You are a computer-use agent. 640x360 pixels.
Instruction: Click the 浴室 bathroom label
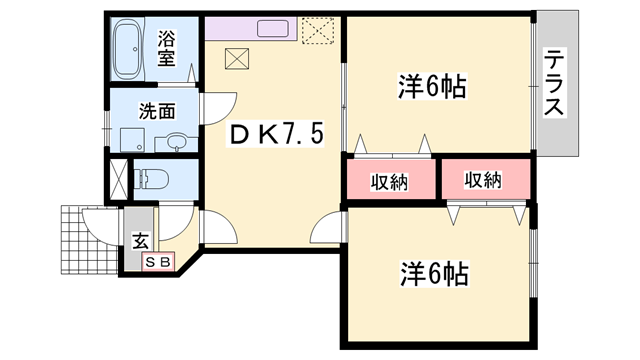pos(167,50)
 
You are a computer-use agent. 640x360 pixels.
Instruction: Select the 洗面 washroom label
pos(156,111)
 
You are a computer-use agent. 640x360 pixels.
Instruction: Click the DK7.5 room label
pos(273,134)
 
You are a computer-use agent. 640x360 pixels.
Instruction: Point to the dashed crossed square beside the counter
pos(319,32)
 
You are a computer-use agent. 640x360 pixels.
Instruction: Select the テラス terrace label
pos(555,83)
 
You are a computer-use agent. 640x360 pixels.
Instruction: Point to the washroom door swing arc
pos(214,106)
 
